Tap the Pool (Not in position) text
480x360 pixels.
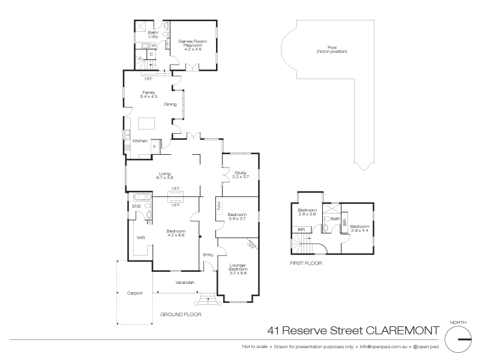tap(332, 49)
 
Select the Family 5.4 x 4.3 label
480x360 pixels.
tap(148, 94)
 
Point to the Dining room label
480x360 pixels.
tap(170, 104)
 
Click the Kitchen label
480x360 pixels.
tap(140, 141)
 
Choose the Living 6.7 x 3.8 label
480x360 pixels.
tap(165, 175)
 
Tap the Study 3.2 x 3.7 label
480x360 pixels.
tap(240, 175)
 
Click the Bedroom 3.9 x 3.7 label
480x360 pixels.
tap(238, 216)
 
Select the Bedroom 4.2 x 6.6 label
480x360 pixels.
tap(176, 233)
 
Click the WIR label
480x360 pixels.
tap(141, 238)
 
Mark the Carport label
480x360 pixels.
tap(134, 294)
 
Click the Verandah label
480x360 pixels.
tap(184, 282)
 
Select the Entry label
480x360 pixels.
tap(208, 255)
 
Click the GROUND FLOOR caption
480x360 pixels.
tap(181, 314)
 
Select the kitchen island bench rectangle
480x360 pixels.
tap(146, 123)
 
